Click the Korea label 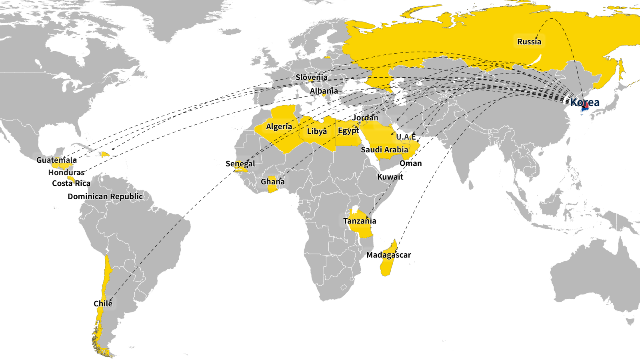(x=585, y=102)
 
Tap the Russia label (x=529, y=42)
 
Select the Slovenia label (x=311, y=77)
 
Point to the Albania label (x=324, y=91)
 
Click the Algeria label (x=279, y=127)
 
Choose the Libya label (x=317, y=131)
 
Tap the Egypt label (x=348, y=131)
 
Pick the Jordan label (x=365, y=118)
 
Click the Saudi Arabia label (x=384, y=150)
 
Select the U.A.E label (x=406, y=137)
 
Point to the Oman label (x=410, y=163)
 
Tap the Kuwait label (x=390, y=177)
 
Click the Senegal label (x=240, y=164)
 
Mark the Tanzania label (x=360, y=221)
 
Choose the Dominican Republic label (x=105, y=196)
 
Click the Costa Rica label (x=71, y=183)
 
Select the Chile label (x=103, y=304)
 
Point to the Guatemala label (x=56, y=160)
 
